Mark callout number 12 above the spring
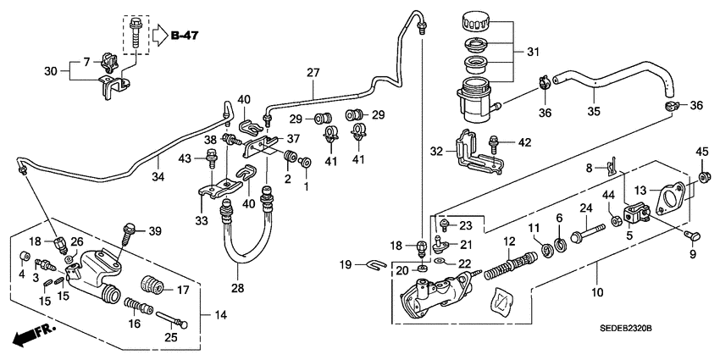pyautogui.click(x=510, y=242)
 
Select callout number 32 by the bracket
pyautogui.click(x=438, y=152)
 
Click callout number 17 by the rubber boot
pyautogui.click(x=182, y=289)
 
